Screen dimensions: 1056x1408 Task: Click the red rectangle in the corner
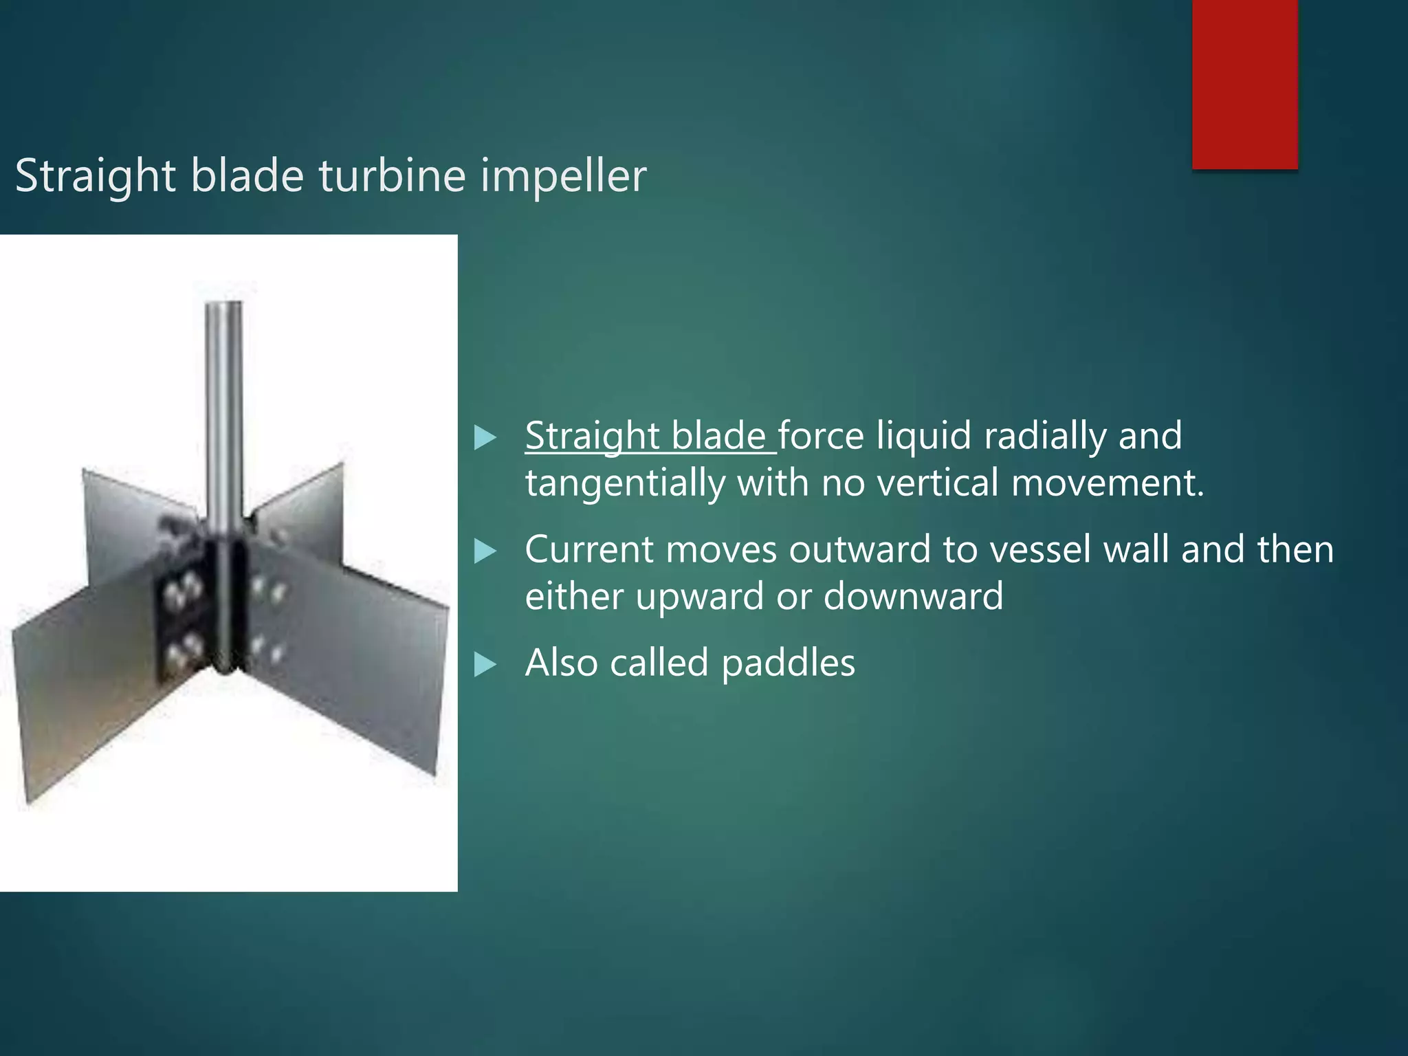[x=1244, y=84]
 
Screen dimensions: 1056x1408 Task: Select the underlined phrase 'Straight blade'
[x=650, y=437]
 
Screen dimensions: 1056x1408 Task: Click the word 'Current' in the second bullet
[x=588, y=549]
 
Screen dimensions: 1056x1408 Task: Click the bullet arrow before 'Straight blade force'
[x=485, y=438]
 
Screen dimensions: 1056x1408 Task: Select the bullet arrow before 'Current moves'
[x=485, y=551]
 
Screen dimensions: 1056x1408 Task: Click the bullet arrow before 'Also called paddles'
[x=485, y=665]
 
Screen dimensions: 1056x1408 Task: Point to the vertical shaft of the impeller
[x=224, y=412]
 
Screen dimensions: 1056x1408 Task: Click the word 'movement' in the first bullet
[x=1106, y=483]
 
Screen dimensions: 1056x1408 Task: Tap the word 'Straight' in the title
[x=96, y=177]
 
